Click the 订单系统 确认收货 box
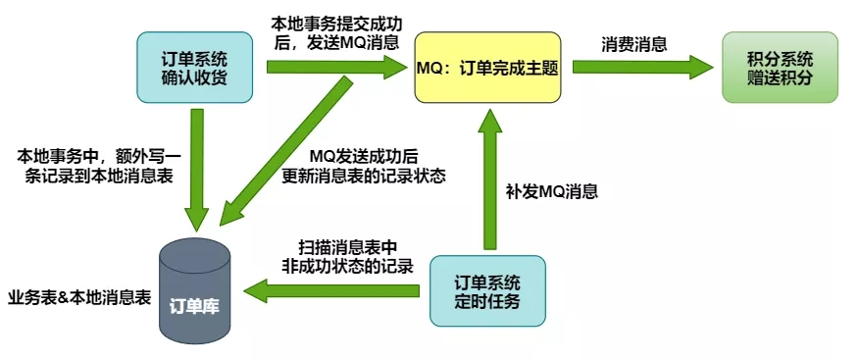[x=197, y=67]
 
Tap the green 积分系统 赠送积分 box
[x=780, y=67]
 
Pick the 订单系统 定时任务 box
[x=487, y=291]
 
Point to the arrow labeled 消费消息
[x=642, y=67]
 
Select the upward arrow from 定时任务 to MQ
[x=487, y=177]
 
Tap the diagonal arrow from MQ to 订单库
[x=284, y=147]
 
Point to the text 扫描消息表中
[x=349, y=245]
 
